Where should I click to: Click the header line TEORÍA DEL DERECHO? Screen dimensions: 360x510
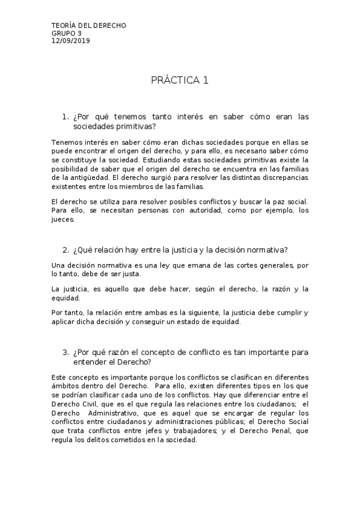pyautogui.click(x=89, y=26)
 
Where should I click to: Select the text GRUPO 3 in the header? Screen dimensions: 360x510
pyautogui.click(x=66, y=33)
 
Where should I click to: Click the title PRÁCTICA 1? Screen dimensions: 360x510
pyautogui.click(x=180, y=81)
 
